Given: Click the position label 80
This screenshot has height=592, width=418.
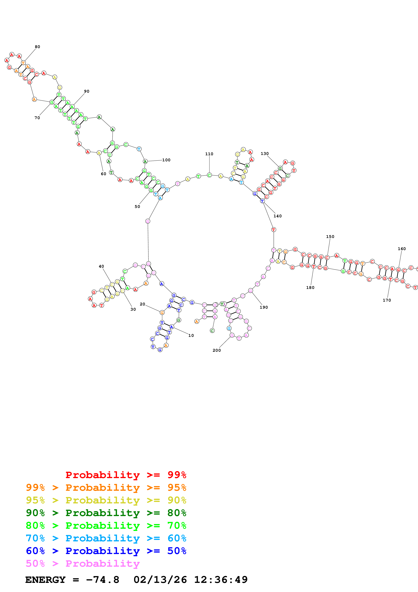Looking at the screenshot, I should [37, 47].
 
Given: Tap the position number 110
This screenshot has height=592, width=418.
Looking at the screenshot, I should [209, 154].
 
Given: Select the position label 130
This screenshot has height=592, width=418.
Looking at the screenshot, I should [265, 154].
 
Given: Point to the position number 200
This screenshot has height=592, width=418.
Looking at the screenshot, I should [217, 350].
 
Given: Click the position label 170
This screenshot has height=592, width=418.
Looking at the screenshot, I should [387, 300].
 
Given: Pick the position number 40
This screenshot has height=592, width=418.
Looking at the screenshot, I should [102, 266].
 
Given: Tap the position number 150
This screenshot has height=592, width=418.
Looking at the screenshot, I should [330, 237].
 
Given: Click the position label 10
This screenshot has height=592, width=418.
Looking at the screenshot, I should [191, 335].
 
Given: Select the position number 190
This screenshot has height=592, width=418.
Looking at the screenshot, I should [264, 307].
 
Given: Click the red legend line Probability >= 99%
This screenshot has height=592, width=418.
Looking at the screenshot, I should [126, 475].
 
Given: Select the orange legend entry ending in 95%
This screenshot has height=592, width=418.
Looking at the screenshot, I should [106, 488].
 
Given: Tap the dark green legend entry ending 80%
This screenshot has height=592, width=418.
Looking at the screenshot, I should [106, 513].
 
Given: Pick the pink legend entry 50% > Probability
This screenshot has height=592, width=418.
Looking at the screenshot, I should [82, 563].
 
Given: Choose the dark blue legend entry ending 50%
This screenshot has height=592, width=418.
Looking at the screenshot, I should [106, 551].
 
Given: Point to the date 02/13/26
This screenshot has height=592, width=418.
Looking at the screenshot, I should [160, 580].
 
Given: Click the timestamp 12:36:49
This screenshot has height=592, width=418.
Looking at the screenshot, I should [221, 580].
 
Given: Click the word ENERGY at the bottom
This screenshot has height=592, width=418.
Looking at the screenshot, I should [45, 580].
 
